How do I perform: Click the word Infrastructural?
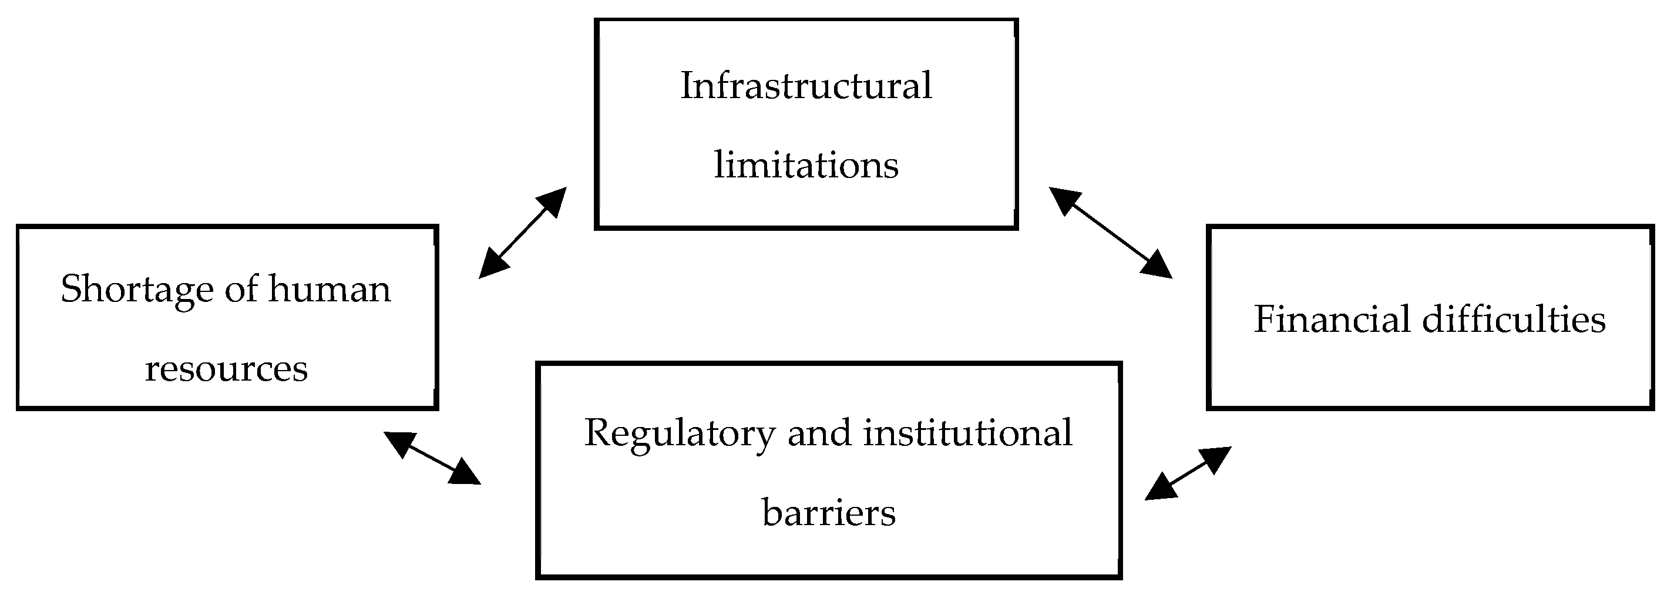[x=806, y=86]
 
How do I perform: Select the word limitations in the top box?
[x=806, y=165]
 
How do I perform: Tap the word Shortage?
[x=136, y=289]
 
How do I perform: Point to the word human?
[x=330, y=289]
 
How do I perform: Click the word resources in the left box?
[x=226, y=369]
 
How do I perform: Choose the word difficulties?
[x=1514, y=320]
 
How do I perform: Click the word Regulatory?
[x=680, y=433]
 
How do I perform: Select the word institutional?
[x=967, y=433]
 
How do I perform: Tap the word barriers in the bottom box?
[x=829, y=513]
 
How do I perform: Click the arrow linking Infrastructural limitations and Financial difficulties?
[x=1111, y=233]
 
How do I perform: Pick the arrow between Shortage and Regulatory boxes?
[x=432, y=458]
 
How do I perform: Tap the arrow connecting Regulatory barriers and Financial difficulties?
[x=1188, y=473]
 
